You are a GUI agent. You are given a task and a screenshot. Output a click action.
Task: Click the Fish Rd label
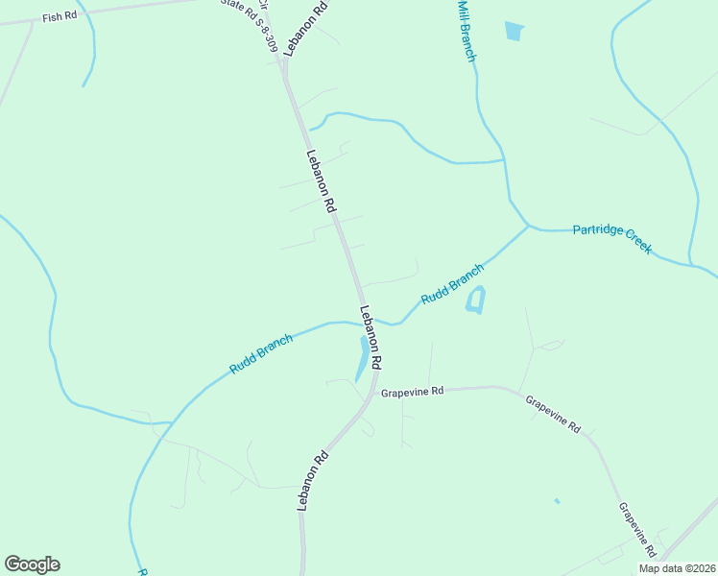pyautogui.click(x=60, y=16)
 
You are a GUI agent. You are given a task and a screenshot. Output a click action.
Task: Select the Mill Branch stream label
pyautogui.click(x=466, y=31)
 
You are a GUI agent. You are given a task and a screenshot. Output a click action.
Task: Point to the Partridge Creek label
pyautogui.click(x=612, y=238)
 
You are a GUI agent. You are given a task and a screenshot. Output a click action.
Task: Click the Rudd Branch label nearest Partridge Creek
pyautogui.click(x=452, y=285)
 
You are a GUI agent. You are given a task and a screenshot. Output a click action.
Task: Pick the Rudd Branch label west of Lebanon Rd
pyautogui.click(x=261, y=354)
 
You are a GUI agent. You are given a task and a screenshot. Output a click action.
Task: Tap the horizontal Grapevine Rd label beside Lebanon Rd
pyautogui.click(x=412, y=392)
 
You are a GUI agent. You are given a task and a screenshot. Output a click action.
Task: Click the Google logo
pyautogui.click(x=32, y=564)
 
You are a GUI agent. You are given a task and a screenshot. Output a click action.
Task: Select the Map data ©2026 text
pyautogui.click(x=677, y=568)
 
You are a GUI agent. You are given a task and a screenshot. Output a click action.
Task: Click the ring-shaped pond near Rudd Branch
pyautogui.click(x=475, y=300)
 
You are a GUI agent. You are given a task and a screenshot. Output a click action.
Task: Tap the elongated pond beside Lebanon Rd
pyautogui.click(x=363, y=357)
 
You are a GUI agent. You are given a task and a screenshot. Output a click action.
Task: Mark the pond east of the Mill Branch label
pyautogui.click(x=515, y=32)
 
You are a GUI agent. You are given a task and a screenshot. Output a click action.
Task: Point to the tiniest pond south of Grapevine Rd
pyautogui.click(x=557, y=500)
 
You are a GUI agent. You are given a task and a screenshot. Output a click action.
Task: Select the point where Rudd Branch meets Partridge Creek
pyautogui.click(x=529, y=227)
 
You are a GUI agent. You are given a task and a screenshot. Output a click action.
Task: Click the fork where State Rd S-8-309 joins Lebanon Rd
pyautogui.click(x=283, y=60)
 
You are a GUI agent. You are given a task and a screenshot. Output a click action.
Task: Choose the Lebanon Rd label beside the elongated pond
pyautogui.click(x=371, y=337)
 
